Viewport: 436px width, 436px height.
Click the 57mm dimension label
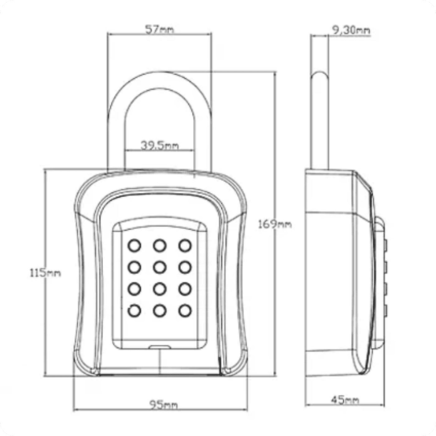click(x=160, y=30)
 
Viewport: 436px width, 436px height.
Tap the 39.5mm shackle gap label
click(x=160, y=145)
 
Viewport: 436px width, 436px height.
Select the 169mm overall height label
click(x=275, y=224)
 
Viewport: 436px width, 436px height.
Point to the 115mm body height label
click(x=45, y=273)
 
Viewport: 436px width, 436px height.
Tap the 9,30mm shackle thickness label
click(x=351, y=31)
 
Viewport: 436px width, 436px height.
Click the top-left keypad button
click(x=135, y=245)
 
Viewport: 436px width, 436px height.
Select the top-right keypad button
click(x=185, y=245)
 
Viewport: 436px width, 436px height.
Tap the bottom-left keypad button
click(x=135, y=311)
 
